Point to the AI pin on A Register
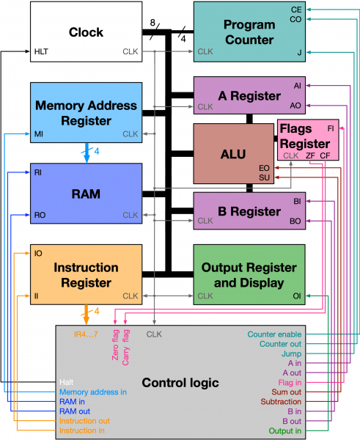coord(297,85)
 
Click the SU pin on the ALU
coord(265,177)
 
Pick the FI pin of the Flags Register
coord(331,128)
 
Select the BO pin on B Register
coord(295,221)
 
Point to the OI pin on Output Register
coord(297,296)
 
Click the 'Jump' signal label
coord(291,353)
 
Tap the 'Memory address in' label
coord(93,392)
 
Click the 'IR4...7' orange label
coord(87,334)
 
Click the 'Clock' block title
coord(87,32)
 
